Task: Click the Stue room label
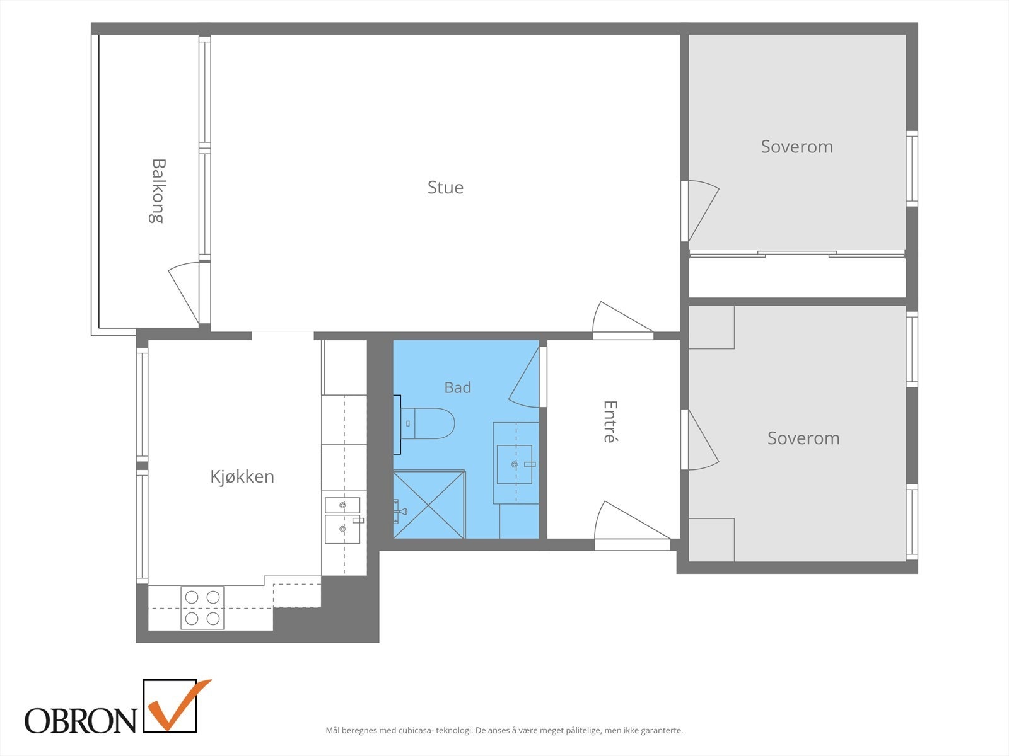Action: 445,187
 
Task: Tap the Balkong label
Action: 158,191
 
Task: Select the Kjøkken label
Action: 242,476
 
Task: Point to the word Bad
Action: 458,387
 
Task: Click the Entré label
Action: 610,421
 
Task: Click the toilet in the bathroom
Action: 424,423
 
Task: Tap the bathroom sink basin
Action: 515,464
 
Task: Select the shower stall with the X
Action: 429,504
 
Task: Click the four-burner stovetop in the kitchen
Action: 202,608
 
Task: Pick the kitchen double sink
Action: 342,520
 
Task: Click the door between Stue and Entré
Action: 623,320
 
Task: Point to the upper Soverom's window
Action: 912,168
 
